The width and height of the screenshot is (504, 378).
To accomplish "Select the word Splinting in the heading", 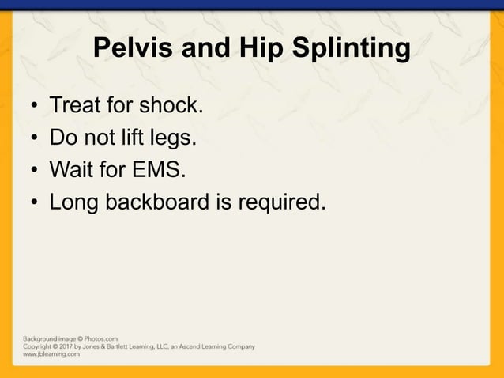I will click(x=352, y=49).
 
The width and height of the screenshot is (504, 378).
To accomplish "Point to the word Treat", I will click(x=77, y=104).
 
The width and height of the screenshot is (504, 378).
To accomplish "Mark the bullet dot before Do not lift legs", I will click(x=35, y=139).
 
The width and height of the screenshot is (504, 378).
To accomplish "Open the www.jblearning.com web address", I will click(x=51, y=354).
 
